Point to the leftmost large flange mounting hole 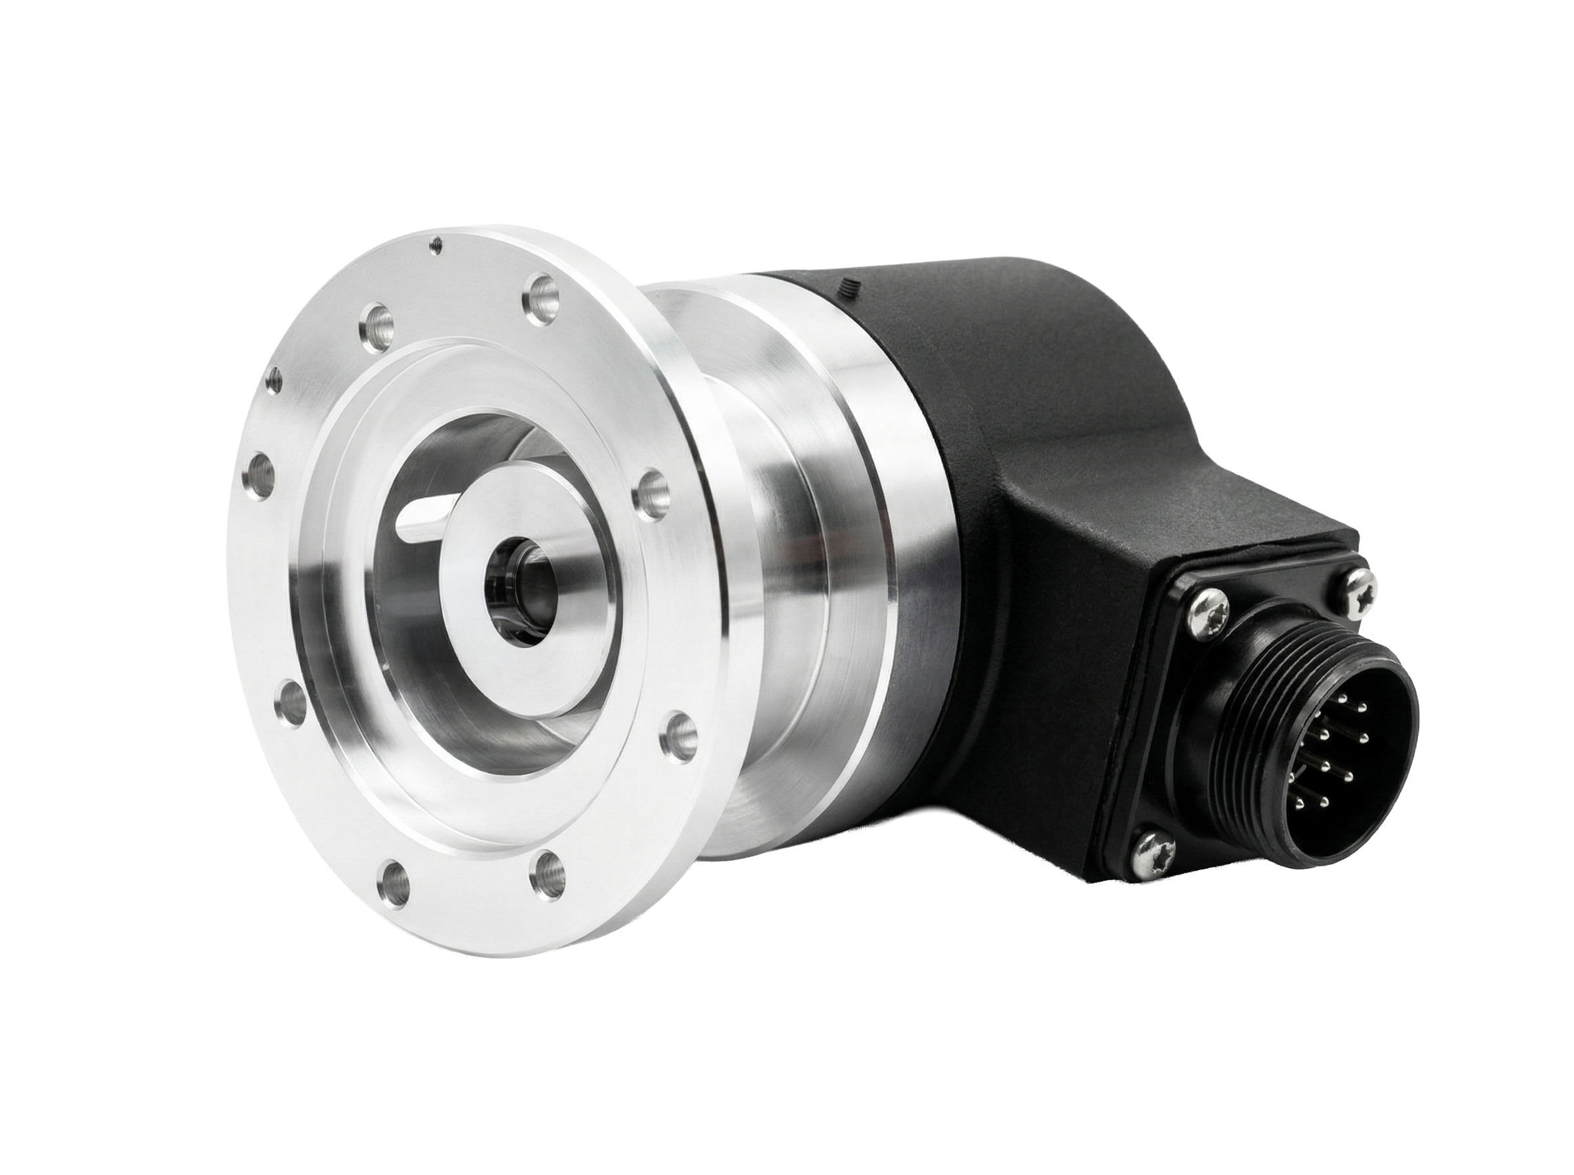pos(264,469)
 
